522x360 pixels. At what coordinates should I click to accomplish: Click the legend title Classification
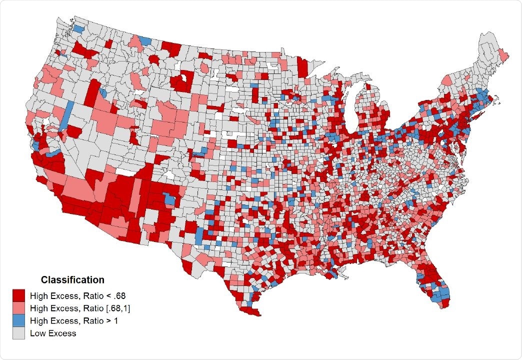coord(72,279)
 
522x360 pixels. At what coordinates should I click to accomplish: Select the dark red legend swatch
coord(19,295)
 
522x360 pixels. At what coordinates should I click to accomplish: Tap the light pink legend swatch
coord(19,307)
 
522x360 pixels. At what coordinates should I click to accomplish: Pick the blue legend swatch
coord(19,320)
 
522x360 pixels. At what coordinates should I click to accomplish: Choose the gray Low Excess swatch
coord(19,332)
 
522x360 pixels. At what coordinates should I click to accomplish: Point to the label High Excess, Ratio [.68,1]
coord(80,307)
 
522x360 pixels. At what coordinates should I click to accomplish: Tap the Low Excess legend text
coord(53,332)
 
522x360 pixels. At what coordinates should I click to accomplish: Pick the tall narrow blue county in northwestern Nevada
coord(67,115)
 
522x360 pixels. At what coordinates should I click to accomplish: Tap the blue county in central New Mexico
coord(170,200)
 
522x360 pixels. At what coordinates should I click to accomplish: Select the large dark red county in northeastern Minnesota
coord(302,66)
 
